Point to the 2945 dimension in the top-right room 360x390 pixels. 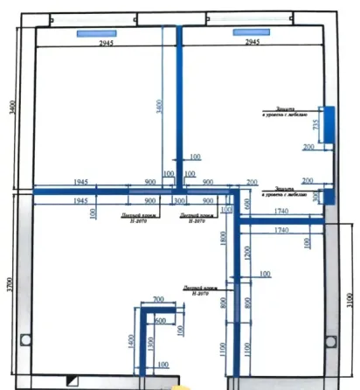pos(252,41)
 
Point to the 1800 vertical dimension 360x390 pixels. pos(225,237)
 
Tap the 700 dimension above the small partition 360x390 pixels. pos(158,300)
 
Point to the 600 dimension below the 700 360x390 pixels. pos(159,320)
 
